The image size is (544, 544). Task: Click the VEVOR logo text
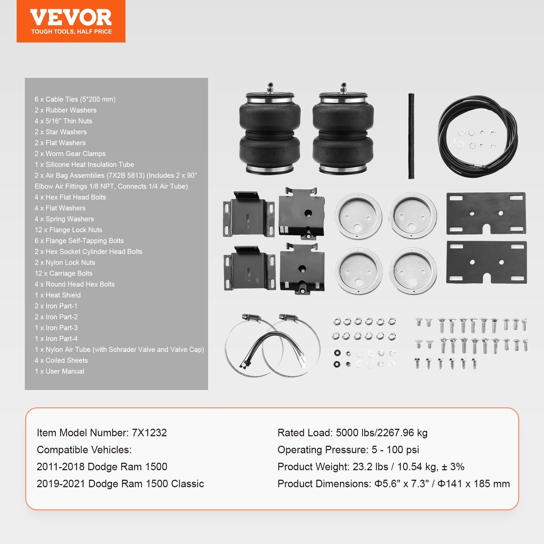(x=71, y=17)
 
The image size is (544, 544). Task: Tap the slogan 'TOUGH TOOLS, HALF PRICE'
(x=72, y=32)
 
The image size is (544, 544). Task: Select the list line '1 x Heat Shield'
(x=58, y=295)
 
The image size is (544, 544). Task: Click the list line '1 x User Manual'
(x=59, y=371)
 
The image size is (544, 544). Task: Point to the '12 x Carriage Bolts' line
(x=63, y=273)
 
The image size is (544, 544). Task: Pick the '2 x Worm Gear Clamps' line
(x=70, y=154)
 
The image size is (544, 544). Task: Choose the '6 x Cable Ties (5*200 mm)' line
(x=75, y=99)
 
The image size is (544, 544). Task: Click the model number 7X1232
(x=149, y=433)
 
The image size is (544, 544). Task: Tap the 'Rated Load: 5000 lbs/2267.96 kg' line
(x=352, y=433)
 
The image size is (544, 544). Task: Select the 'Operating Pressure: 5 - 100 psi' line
(x=348, y=450)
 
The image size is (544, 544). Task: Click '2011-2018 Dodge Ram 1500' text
(x=102, y=466)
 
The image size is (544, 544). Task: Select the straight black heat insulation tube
(x=411, y=136)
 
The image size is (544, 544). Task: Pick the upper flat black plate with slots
(x=486, y=213)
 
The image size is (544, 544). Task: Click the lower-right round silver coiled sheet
(x=413, y=270)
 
